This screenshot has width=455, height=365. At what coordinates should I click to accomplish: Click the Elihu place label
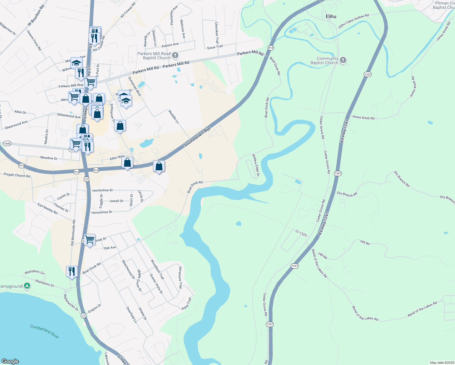pyautogui.click(x=331, y=16)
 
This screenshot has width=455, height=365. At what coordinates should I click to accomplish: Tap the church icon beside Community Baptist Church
pyautogui.click(x=343, y=60)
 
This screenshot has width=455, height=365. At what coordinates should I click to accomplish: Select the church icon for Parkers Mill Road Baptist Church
pyautogui.click(x=175, y=55)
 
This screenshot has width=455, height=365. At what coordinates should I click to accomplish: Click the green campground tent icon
pyautogui.click(x=27, y=286)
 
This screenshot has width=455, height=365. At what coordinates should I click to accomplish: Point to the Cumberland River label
pyautogui.click(x=45, y=331)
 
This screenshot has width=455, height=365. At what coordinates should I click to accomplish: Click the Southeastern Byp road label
pyautogui.click(x=197, y=137)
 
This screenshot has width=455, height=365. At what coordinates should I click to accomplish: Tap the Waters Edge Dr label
pyautogui.click(x=255, y=165)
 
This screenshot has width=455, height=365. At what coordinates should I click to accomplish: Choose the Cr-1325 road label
pyautogui.click(x=301, y=233)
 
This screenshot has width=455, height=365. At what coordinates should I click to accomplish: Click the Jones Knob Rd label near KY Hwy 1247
pyautogui.click(x=363, y=117)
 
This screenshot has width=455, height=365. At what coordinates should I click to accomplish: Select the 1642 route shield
pyautogui.click(x=7, y=143)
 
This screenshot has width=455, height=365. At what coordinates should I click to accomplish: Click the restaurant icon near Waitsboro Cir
pyautogui.click(x=71, y=271)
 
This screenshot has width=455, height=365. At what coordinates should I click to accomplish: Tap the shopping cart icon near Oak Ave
pyautogui.click(x=90, y=239)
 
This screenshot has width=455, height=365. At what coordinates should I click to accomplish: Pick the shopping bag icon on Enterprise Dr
pyautogui.click(x=120, y=125)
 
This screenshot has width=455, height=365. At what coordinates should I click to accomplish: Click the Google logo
pyautogui.click(x=10, y=361)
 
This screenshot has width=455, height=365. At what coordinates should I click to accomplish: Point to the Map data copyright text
pyautogui.click(x=442, y=363)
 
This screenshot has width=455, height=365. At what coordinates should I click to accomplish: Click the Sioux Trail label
pyautogui.click(x=215, y=47)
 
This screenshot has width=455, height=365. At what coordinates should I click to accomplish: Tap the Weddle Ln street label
pyautogui.click(x=174, y=117)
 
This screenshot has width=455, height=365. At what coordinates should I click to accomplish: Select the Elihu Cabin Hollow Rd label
pyautogui.click(x=354, y=21)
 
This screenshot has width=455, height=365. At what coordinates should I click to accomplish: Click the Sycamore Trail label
pyautogui.click(x=180, y=277)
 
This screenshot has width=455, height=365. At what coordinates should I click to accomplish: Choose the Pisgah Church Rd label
pyautogui.click(x=17, y=175)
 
